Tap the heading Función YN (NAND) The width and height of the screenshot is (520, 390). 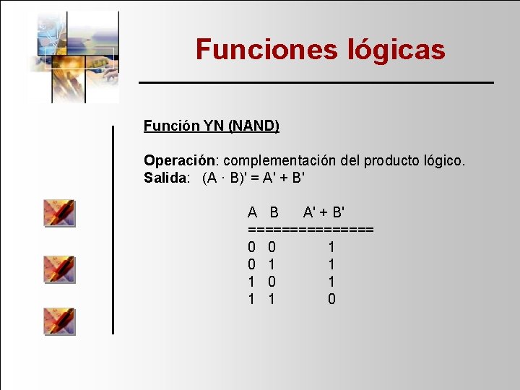(211, 126)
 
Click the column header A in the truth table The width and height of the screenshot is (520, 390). (252, 212)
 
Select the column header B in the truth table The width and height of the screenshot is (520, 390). (274, 212)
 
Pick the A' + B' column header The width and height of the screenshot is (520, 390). (324, 212)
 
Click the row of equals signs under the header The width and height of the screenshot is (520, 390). (311, 229)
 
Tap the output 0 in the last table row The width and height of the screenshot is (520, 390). (331, 299)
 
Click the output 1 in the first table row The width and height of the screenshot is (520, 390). (331, 247)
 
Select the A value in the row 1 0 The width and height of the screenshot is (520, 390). (251, 282)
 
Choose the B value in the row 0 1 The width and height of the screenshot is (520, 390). (272, 264)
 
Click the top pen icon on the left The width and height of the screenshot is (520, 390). (59, 213)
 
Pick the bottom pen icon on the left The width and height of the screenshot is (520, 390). (59, 321)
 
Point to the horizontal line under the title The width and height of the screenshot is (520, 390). (316, 83)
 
